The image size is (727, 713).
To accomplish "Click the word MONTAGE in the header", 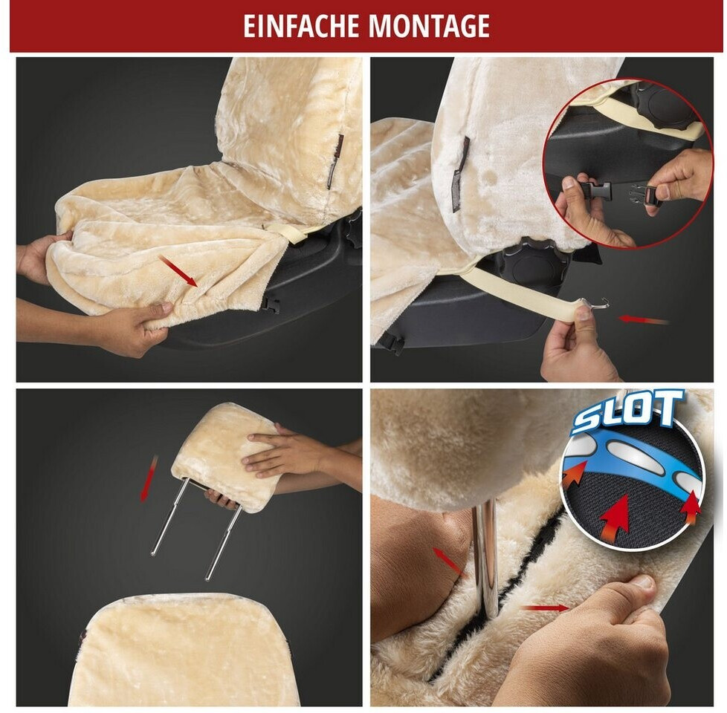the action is [430, 27].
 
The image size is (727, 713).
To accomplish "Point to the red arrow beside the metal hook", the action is [644, 319].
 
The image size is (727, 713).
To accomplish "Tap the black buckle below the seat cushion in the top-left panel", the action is [271, 305].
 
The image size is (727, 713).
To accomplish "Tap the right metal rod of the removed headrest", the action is [223, 542].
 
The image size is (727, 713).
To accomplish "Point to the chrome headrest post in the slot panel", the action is [485, 556].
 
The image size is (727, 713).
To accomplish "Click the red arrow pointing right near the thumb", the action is [544, 608].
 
